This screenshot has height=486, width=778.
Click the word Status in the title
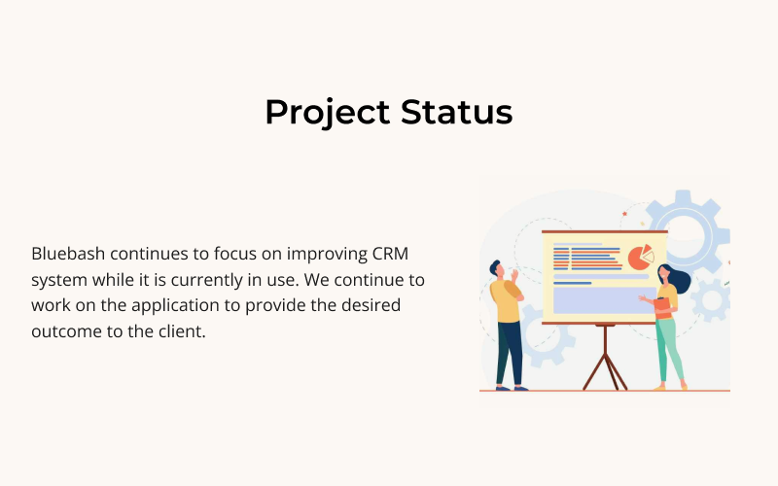[456, 113]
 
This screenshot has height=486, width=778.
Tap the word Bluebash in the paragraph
[68, 254]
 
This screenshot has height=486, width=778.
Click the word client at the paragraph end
[186, 330]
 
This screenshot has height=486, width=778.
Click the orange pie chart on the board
[639, 258]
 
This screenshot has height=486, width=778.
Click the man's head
[497, 269]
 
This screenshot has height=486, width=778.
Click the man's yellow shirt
[507, 302]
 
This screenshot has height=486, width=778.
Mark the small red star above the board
[625, 212]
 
